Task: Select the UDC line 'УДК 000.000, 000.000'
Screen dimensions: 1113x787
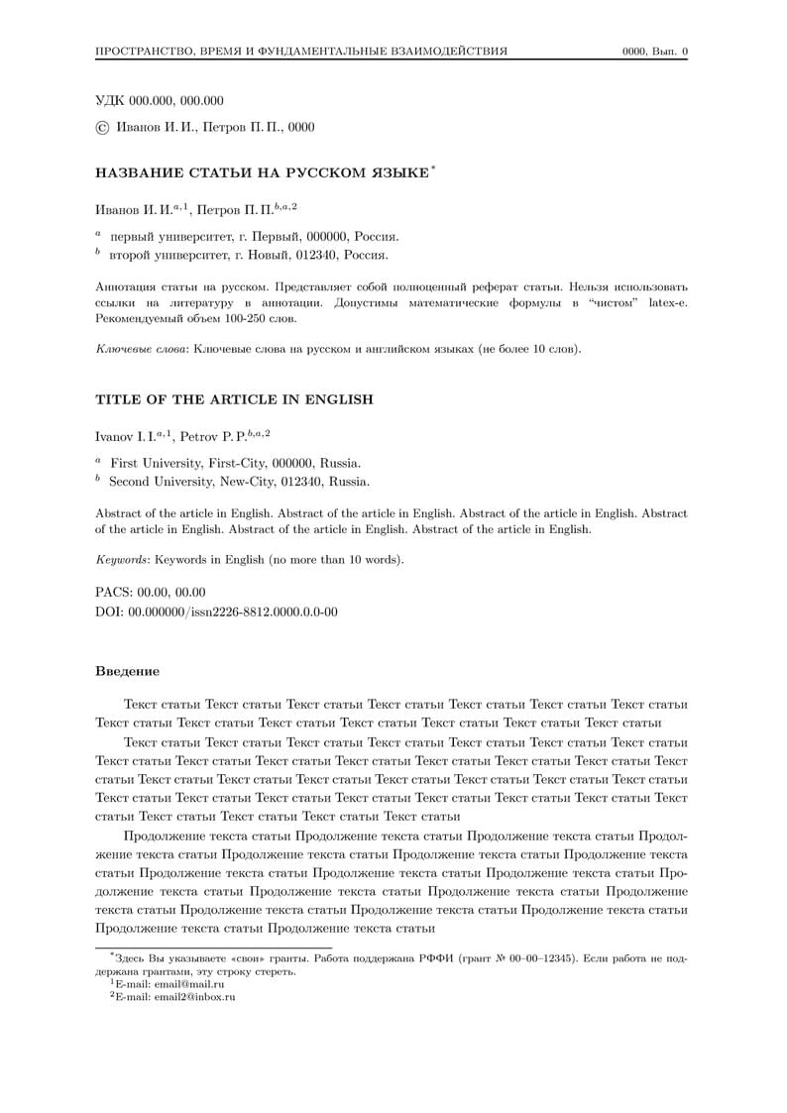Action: tap(159, 100)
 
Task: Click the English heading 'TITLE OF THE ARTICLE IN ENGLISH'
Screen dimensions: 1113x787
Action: tap(234, 399)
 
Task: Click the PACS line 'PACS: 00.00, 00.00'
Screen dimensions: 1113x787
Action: tap(151, 592)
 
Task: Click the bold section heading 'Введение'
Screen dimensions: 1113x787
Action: tap(127, 672)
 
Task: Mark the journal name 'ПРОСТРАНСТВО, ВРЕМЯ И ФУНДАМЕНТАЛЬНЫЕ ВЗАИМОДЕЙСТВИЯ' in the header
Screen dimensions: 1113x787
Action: tap(301, 52)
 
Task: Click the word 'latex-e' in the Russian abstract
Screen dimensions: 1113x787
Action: tap(668, 302)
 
